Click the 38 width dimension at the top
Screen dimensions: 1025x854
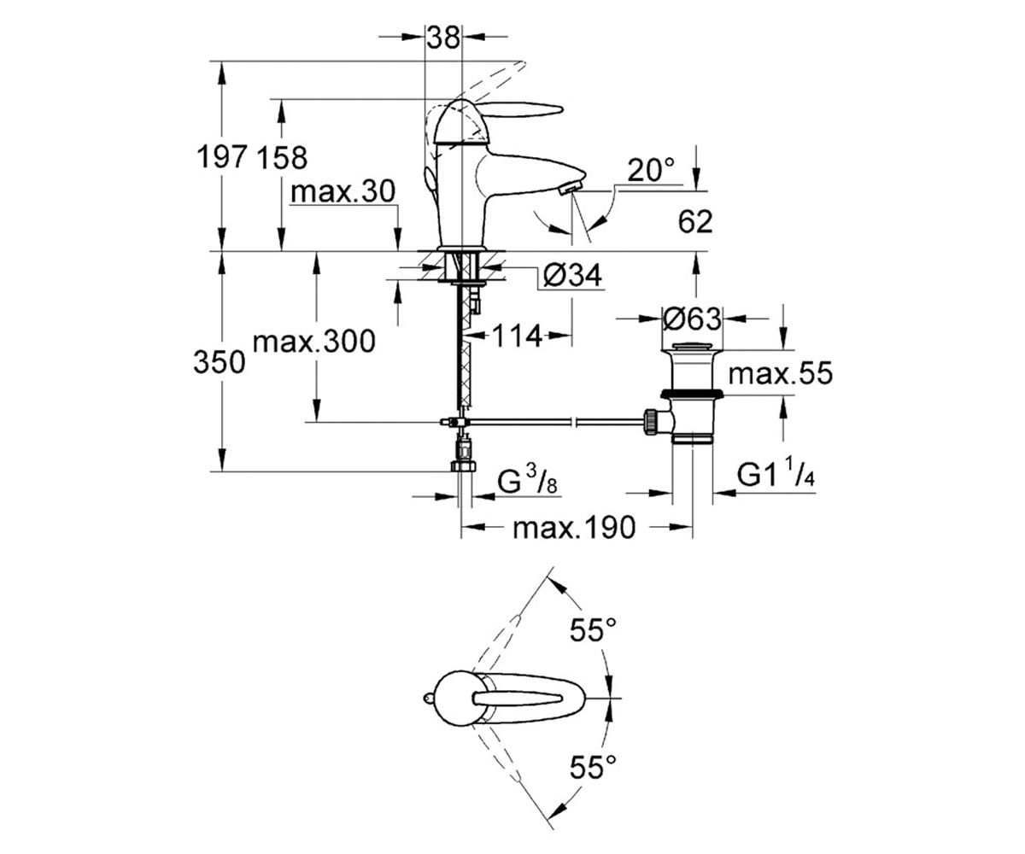pyautogui.click(x=443, y=38)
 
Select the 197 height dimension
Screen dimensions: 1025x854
pyautogui.click(x=221, y=157)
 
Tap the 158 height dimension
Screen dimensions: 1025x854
pyautogui.click(x=282, y=158)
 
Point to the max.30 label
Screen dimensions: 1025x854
pyautogui.click(x=343, y=191)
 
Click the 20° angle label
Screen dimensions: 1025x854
pyautogui.click(x=651, y=170)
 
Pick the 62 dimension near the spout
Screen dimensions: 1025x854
pyautogui.click(x=695, y=221)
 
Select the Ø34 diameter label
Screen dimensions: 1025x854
pyautogui.click(x=572, y=275)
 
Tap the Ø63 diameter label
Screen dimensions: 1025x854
pyautogui.click(x=692, y=319)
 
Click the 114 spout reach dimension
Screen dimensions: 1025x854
pyautogui.click(x=517, y=336)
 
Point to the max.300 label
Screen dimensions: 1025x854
pyautogui.click(x=314, y=341)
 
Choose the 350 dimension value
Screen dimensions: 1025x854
pyautogui.click(x=219, y=362)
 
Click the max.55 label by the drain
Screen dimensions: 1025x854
pyautogui.click(x=781, y=373)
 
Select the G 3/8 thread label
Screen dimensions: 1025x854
pyautogui.click(x=527, y=482)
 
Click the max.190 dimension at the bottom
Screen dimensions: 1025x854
pyautogui.click(x=574, y=528)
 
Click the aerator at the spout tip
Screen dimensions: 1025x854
pyautogui.click(x=571, y=187)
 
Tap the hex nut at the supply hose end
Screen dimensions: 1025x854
pyautogui.click(x=463, y=465)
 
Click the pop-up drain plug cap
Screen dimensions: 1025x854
pyautogui.click(x=692, y=348)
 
